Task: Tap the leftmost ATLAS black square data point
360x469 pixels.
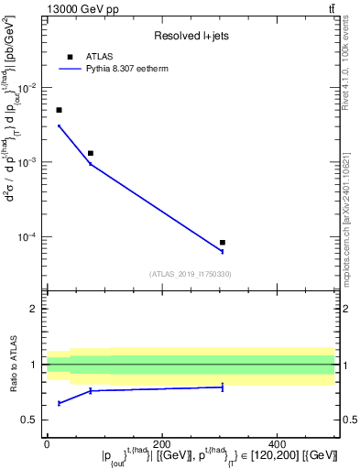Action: pyautogui.click(x=59, y=110)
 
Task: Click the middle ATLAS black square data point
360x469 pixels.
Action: pyautogui.click(x=91, y=153)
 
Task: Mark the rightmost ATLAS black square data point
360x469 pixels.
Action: pyautogui.click(x=223, y=243)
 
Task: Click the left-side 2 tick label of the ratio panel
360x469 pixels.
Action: pyautogui.click(x=34, y=309)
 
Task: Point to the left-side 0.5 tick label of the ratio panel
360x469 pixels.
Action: pyautogui.click(x=30, y=420)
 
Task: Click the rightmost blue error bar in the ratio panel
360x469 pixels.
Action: pyautogui.click(x=223, y=387)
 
